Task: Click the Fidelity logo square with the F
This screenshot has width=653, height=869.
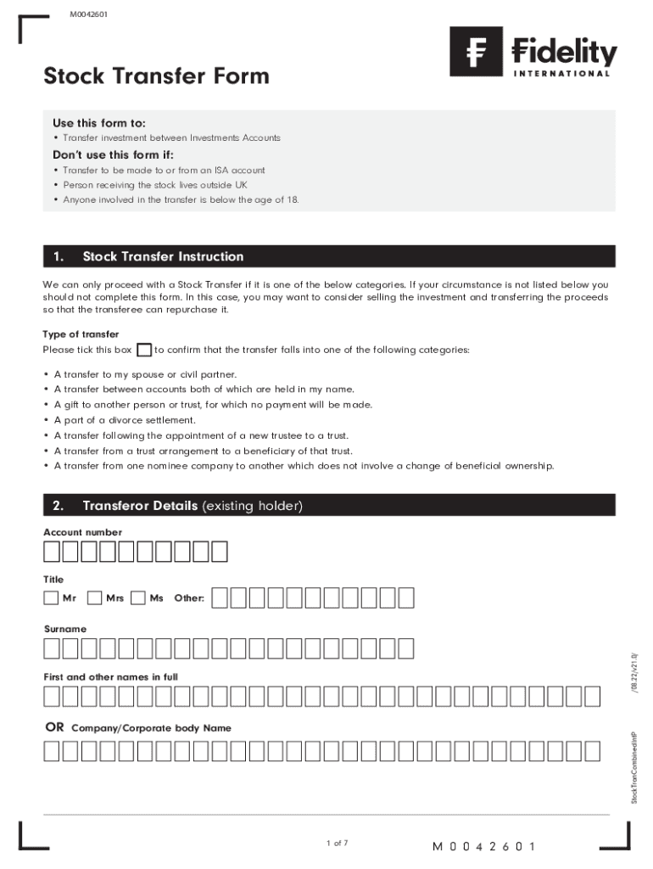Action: click(476, 52)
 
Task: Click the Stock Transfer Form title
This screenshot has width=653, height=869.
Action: click(156, 76)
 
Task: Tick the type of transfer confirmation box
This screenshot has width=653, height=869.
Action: click(144, 350)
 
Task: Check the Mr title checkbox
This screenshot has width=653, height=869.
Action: click(52, 598)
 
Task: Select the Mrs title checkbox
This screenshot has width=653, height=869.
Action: click(95, 598)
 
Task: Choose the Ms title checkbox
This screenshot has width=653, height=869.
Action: click(138, 598)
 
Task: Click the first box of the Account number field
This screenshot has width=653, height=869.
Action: click(52, 552)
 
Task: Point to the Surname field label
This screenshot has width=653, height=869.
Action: click(65, 629)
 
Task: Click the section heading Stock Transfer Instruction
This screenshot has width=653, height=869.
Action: click(163, 256)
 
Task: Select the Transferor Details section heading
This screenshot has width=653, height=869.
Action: click(192, 507)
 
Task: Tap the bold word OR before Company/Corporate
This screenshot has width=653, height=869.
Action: click(54, 727)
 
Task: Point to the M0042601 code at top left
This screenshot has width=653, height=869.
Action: click(88, 14)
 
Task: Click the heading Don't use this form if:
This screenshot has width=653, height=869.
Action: click(113, 154)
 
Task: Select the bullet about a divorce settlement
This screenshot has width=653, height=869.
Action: click(125, 420)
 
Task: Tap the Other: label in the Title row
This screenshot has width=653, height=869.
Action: click(189, 598)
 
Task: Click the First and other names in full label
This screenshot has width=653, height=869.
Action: click(111, 677)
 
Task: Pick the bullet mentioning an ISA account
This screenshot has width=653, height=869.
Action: click(164, 170)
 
